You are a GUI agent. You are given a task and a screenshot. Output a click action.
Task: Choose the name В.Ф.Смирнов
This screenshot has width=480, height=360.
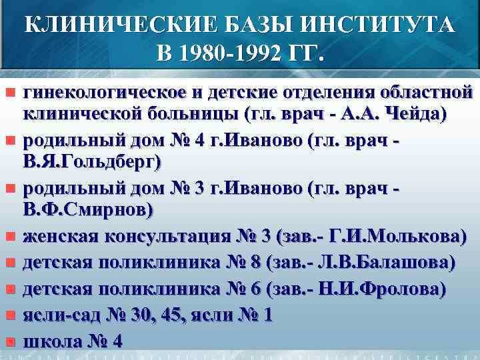tap(88, 209)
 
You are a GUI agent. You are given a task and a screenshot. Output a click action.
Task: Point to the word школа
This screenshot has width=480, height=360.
tap(53, 341)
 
